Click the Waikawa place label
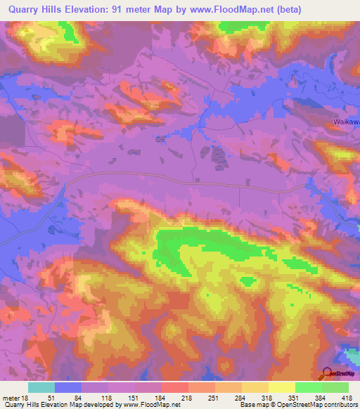345,121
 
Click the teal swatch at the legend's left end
41,387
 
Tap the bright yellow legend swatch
281,387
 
